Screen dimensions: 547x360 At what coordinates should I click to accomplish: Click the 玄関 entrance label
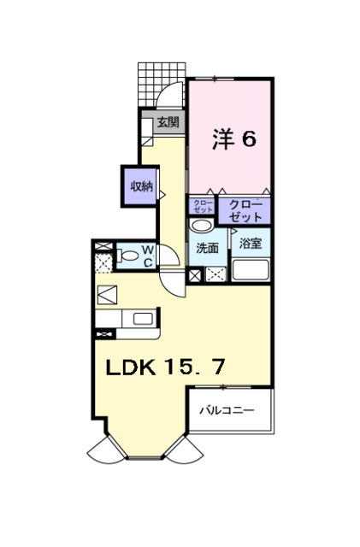coord(167,122)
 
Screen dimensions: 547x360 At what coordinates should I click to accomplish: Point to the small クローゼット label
coord(202,207)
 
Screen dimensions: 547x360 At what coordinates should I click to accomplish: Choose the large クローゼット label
coord(245,208)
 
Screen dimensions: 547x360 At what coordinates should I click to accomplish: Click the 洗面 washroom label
coord(207,249)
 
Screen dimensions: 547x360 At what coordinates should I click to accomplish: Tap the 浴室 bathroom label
coord(250,244)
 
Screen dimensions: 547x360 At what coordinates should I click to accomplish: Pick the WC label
coord(147,256)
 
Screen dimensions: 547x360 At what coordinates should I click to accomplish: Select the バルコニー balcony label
coord(227,411)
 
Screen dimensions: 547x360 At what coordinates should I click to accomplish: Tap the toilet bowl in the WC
coord(128,255)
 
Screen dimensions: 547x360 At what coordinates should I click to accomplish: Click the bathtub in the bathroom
coord(251,270)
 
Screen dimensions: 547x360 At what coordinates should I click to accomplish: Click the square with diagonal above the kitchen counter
coord(109,295)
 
